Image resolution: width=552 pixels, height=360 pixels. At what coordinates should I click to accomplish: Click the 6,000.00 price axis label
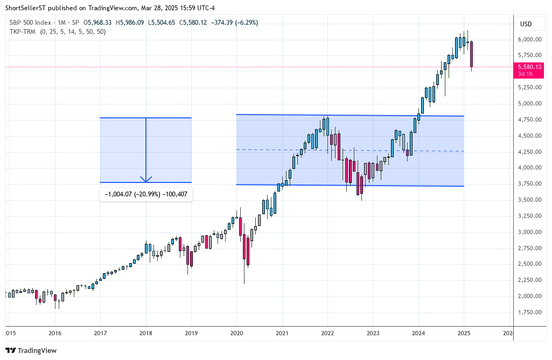(530, 39)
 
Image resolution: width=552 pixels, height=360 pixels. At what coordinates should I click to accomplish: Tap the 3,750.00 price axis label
(530, 184)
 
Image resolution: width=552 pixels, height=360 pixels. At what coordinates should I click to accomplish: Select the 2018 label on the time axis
(145, 333)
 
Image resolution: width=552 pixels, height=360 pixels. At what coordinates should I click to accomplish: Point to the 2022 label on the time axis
(327, 333)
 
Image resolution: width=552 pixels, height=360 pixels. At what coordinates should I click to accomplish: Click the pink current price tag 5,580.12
(529, 67)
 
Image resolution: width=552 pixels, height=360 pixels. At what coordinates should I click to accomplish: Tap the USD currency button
(526, 24)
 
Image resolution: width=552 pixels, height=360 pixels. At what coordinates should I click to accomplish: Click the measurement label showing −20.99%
(145, 194)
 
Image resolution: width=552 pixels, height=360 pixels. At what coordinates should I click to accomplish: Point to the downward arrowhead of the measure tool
(146, 179)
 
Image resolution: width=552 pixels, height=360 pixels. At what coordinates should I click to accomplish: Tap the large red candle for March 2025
(472, 54)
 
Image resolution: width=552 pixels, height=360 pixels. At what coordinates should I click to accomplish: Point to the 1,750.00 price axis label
(530, 313)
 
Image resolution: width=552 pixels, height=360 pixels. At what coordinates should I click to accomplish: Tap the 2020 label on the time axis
(236, 333)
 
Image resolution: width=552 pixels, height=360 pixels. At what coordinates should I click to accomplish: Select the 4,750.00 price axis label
(530, 120)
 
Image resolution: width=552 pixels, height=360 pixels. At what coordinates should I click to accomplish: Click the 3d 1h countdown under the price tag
(526, 74)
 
